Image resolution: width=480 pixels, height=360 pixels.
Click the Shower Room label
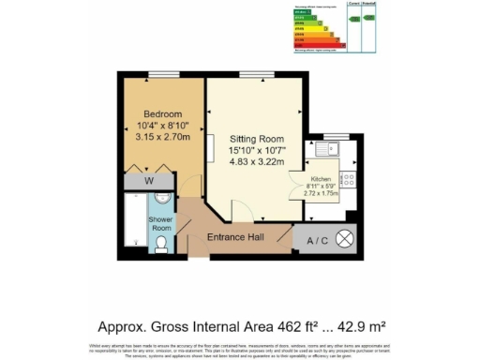pyautogui.click(x=161, y=224)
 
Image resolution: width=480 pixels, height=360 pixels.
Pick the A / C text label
pyautogui.click(x=315, y=239)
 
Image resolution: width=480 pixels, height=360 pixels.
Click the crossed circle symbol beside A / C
pyautogui.click(x=345, y=239)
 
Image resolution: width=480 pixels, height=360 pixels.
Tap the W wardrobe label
pyautogui.click(x=149, y=180)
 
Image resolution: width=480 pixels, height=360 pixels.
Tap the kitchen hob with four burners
pyautogui.click(x=347, y=178)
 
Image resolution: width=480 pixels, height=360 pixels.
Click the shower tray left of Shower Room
pyautogui.click(x=135, y=225)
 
